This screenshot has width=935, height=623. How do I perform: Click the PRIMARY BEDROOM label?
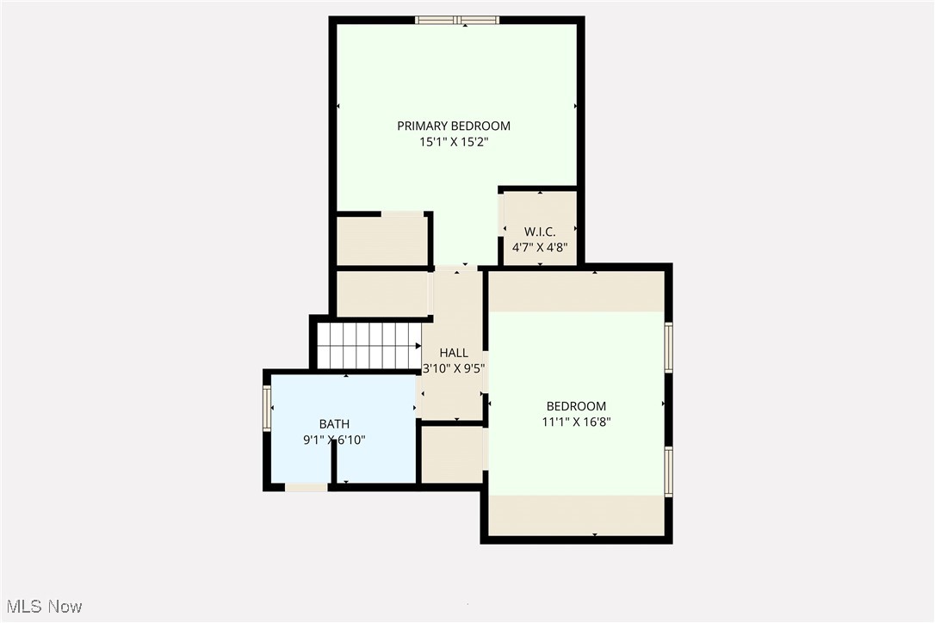(454, 126)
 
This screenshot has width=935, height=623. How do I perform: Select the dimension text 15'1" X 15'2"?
(454, 142)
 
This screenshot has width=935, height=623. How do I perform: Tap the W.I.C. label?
(540, 231)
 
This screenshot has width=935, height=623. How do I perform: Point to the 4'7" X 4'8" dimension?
(540, 247)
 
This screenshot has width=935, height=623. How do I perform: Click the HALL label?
(454, 353)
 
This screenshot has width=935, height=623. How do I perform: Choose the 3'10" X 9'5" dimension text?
(454, 368)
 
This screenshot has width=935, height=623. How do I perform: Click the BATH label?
(335, 424)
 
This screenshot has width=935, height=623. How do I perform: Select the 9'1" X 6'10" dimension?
(335, 440)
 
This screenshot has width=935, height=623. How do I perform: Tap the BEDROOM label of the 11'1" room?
(576, 406)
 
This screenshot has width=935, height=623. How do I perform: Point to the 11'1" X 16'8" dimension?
(576, 423)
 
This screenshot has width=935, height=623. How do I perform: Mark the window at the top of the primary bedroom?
(457, 21)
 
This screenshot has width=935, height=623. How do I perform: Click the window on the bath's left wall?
(267, 408)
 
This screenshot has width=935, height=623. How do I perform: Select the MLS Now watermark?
(44, 607)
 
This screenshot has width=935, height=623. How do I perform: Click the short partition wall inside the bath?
(335, 464)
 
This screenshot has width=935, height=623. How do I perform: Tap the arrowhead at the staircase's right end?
(418, 346)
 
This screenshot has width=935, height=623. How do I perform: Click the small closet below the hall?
(452, 455)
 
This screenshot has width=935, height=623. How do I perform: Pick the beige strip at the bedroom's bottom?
(577, 515)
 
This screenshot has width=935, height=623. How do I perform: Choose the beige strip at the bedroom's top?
(577, 292)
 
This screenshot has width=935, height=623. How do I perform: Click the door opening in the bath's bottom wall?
(307, 488)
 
